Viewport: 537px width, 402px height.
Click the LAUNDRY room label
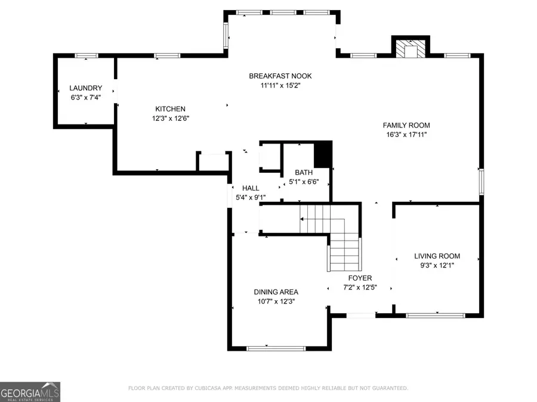pos(85,88)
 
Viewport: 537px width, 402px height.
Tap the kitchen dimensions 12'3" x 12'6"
pos(170,118)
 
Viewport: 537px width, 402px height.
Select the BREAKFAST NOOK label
pos(280,76)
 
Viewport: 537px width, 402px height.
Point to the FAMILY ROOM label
pos(406,125)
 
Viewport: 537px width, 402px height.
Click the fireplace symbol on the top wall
pos(410,49)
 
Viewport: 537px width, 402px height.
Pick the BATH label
pos(303,173)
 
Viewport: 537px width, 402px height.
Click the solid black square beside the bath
pos(322,154)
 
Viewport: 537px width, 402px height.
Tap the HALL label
pos(250,188)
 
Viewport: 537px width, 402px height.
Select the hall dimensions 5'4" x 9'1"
pos(251,197)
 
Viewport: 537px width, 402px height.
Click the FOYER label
pos(360,278)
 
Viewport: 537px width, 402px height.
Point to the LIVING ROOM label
pos(437,256)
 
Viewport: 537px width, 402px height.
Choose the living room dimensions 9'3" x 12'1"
pos(437,266)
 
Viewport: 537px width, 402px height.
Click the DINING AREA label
pos(276,292)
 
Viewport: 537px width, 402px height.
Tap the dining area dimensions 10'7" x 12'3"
pos(275,301)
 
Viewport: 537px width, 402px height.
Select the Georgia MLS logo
pos(30,392)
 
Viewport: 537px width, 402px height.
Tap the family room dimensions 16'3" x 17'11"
pos(406,135)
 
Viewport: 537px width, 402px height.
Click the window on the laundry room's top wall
pos(87,56)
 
